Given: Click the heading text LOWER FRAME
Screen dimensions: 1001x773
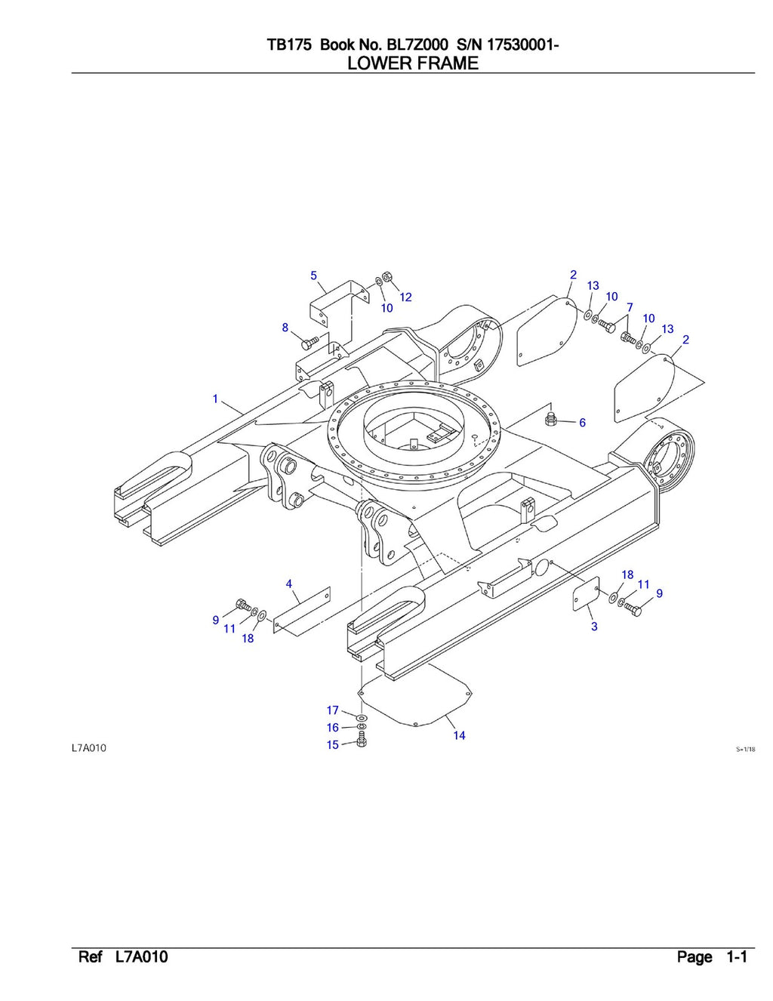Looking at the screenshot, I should tap(412, 63).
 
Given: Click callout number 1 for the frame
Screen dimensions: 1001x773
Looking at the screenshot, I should tap(215, 399).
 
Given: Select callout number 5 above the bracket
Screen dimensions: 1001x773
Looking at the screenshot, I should tap(314, 276).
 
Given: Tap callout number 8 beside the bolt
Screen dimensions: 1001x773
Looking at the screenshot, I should tap(285, 328).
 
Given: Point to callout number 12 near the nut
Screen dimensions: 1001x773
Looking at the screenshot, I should tap(406, 297).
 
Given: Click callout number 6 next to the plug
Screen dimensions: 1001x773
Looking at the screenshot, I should tap(582, 423).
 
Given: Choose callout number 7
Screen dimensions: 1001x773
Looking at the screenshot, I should tap(630, 308).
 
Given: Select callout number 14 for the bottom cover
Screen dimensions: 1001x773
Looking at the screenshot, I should tap(459, 735).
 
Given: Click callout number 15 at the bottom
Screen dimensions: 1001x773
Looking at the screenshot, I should tap(333, 745).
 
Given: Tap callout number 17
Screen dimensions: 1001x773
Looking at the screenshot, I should tap(333, 710).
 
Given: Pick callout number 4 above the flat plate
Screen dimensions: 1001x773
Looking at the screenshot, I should tap(289, 584).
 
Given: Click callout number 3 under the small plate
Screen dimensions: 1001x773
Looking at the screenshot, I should tap(594, 627).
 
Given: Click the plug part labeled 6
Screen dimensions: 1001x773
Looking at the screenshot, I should tap(552, 418).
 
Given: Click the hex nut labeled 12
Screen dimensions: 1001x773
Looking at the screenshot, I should tap(386, 276).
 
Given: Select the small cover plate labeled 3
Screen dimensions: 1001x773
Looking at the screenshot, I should tap(585, 593).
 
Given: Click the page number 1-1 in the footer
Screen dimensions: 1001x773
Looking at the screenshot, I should tap(736, 957).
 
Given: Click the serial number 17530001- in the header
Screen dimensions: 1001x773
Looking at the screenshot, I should tap(522, 45).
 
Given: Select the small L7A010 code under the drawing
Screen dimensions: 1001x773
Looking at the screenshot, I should tap(89, 748).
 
